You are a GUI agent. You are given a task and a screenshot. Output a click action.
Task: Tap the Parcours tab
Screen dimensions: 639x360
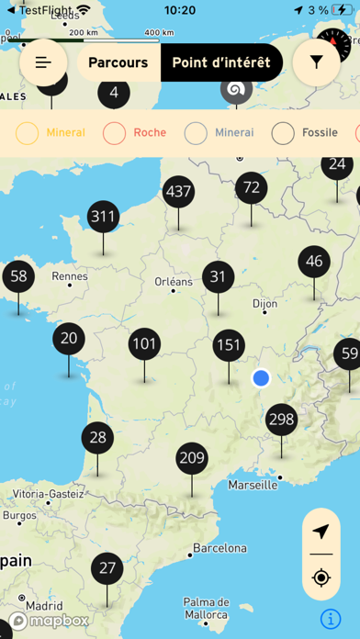(118, 62)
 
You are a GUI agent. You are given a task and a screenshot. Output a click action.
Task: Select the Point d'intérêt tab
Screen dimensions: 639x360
(221, 62)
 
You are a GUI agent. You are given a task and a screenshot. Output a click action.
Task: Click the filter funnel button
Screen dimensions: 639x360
(317, 62)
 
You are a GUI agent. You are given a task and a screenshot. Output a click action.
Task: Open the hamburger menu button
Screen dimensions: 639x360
(43, 62)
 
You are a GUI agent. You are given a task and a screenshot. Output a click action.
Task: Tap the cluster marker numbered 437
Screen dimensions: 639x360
(178, 192)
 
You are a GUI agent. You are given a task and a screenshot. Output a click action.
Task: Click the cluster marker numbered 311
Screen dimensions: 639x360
(104, 218)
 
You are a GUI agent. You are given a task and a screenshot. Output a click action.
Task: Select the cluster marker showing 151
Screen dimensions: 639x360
(229, 346)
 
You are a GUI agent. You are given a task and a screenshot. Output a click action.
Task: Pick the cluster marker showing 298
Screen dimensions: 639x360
(281, 420)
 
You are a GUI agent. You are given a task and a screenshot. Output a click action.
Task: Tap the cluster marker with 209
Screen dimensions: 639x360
(192, 458)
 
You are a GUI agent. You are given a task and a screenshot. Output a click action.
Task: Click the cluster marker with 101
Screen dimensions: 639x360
(144, 345)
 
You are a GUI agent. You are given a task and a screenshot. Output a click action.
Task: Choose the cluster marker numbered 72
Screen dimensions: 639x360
(250, 188)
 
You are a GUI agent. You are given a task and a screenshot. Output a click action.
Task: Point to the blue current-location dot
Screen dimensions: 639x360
(261, 377)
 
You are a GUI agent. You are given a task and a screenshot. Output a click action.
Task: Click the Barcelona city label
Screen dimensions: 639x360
(219, 548)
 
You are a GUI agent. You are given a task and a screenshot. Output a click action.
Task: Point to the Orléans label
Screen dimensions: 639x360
(174, 282)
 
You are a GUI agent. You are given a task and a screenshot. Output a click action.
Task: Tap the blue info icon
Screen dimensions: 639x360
(332, 618)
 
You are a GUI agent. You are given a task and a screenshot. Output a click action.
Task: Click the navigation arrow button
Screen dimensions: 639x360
(321, 532)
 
